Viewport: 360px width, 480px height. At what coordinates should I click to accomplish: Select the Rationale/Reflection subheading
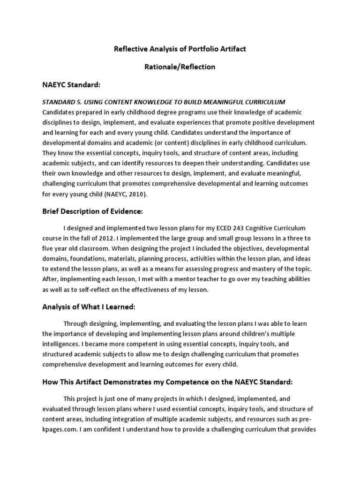[180, 67]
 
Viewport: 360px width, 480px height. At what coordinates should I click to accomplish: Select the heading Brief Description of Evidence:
[92, 211]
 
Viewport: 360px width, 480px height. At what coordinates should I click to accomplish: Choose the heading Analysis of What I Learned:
[89, 307]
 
